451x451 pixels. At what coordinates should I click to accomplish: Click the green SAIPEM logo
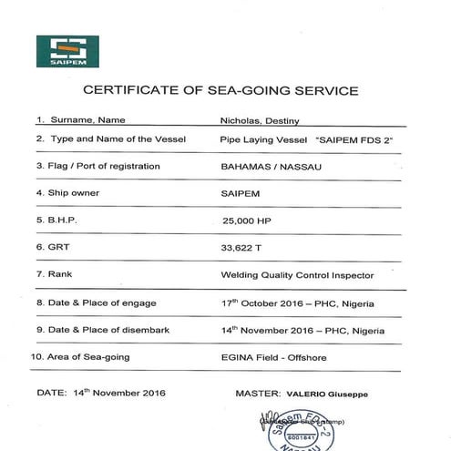67,51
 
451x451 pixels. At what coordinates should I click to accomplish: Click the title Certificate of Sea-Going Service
220,90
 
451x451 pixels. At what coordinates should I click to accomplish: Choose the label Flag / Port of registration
97,166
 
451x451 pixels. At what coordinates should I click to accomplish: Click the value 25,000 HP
251,220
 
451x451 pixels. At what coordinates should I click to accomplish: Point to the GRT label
51,247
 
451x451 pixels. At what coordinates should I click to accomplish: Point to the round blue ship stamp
301,428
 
